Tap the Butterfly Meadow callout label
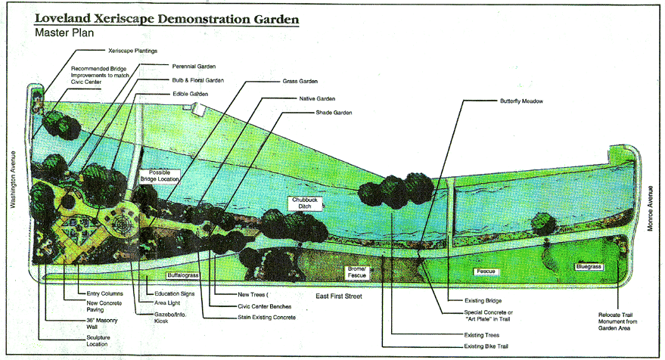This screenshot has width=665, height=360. point(521,101)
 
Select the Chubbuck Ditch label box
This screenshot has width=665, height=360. point(305,203)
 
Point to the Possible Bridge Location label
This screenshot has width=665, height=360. point(160,176)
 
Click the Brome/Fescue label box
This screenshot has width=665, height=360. point(357,272)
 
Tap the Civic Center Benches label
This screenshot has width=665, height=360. point(258,306)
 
